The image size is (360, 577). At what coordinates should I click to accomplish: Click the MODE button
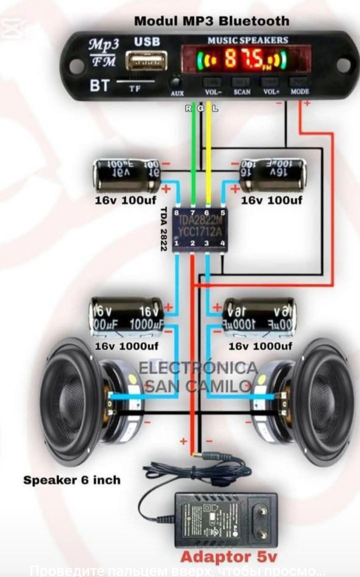(299, 82)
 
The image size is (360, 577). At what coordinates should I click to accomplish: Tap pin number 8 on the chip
(176, 213)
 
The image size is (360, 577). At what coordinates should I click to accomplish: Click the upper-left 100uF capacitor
(127, 176)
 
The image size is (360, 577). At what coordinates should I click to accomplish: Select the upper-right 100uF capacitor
(272, 175)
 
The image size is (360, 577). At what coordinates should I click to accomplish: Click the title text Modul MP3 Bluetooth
(211, 21)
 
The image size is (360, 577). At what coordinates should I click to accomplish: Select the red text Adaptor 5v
(228, 557)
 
